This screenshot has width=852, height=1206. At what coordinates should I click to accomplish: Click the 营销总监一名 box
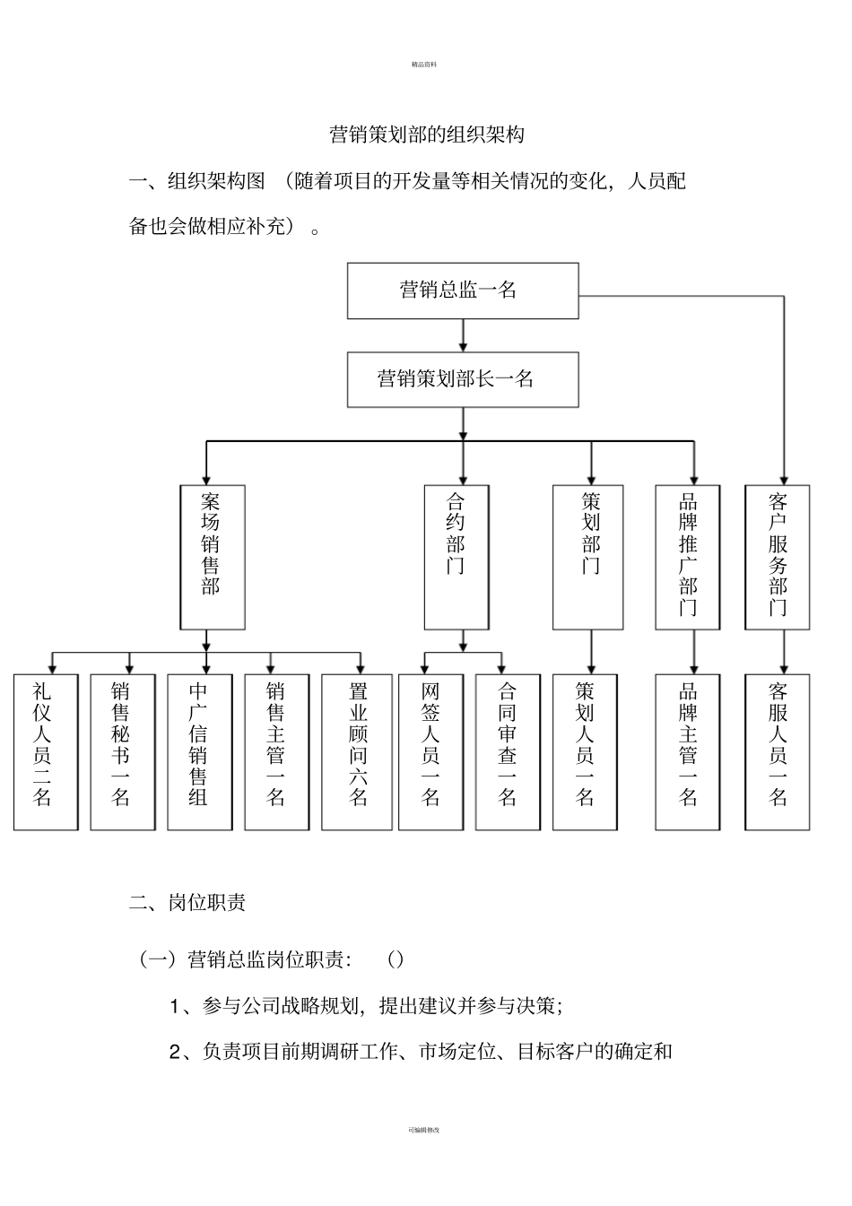463,291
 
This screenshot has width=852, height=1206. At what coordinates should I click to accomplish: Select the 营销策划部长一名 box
463,379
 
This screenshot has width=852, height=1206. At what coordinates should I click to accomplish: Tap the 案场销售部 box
213,557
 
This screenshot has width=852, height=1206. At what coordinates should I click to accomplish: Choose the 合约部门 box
456,557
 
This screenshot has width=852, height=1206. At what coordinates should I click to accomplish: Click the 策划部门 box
587,557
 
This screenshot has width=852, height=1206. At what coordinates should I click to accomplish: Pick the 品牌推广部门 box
687,557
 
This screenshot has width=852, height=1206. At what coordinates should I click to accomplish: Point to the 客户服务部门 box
778,557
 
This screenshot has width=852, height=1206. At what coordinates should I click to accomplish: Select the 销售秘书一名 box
123,751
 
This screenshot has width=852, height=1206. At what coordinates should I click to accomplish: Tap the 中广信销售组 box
200,751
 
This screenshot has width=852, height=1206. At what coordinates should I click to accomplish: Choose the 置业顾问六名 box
357,751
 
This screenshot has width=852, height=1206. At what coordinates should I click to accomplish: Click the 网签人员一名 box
430,751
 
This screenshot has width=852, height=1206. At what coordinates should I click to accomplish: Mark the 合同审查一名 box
508,751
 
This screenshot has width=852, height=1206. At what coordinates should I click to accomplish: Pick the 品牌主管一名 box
687,751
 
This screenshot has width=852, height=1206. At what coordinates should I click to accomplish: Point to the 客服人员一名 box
778,751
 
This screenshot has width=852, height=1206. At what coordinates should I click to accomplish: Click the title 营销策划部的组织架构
427,135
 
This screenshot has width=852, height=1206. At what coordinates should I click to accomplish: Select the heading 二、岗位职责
187,903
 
